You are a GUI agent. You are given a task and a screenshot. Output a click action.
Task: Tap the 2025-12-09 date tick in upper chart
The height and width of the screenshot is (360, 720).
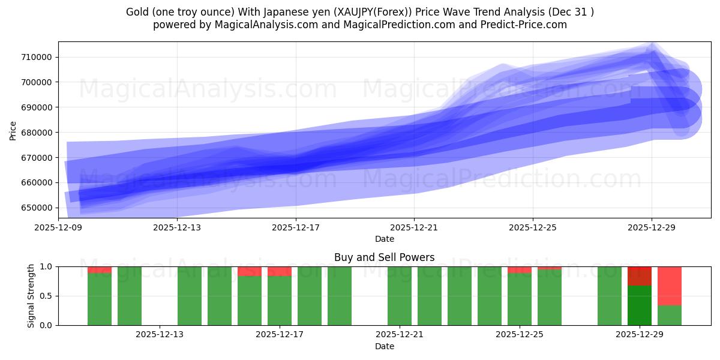click(x=58, y=228)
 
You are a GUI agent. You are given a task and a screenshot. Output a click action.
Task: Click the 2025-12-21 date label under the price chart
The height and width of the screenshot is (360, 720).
click(x=414, y=228)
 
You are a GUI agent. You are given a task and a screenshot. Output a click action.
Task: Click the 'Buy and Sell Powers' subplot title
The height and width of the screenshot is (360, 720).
click(x=384, y=258)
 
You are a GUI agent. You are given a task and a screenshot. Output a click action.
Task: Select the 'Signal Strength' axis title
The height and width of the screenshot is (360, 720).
click(x=31, y=296)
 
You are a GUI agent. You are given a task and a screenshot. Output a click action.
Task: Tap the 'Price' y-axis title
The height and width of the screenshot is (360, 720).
click(x=13, y=130)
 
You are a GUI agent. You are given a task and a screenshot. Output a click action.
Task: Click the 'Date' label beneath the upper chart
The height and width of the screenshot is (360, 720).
click(x=384, y=239)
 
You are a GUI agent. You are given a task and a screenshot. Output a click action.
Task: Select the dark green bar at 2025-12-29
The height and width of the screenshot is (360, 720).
click(x=640, y=306)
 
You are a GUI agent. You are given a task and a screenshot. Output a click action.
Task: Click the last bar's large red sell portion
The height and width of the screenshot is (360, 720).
click(x=670, y=286)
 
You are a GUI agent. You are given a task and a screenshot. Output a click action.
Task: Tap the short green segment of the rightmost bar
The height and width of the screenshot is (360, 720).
click(x=670, y=316)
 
